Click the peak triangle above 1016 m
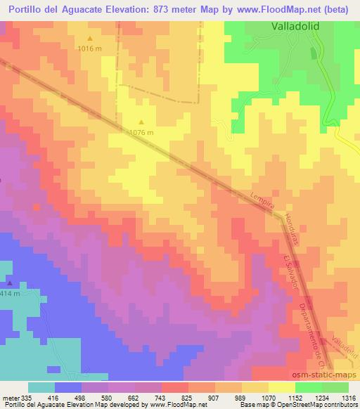[x=89, y=38]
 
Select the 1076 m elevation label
[x=141, y=131]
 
